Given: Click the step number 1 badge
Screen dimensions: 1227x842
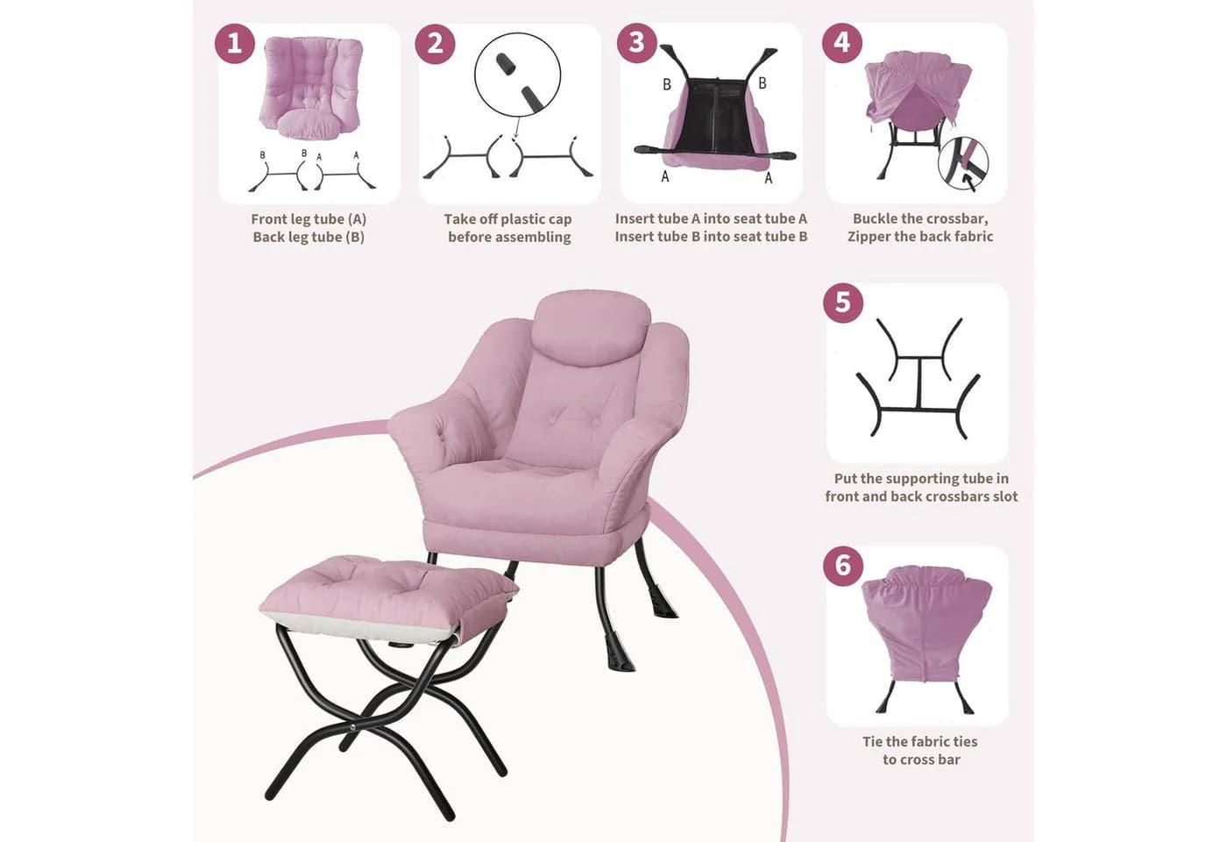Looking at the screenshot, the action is (235, 43).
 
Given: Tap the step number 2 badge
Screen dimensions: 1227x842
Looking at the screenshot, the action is (435, 43).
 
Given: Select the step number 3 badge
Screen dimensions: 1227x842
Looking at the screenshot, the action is (636, 42).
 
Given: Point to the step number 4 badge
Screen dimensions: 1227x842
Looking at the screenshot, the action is (842, 42).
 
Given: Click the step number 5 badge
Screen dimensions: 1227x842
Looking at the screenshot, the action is (843, 302).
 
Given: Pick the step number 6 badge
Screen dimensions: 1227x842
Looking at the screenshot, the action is (843, 565).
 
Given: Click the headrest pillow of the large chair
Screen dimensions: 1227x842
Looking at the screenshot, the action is (592, 328).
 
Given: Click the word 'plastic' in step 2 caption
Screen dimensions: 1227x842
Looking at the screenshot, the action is (511, 219).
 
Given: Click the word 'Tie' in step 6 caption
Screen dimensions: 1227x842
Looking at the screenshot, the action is (875, 742).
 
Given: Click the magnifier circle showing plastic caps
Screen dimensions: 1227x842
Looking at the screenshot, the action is (518, 75).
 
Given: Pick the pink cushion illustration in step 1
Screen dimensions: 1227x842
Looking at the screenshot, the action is (311, 87).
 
